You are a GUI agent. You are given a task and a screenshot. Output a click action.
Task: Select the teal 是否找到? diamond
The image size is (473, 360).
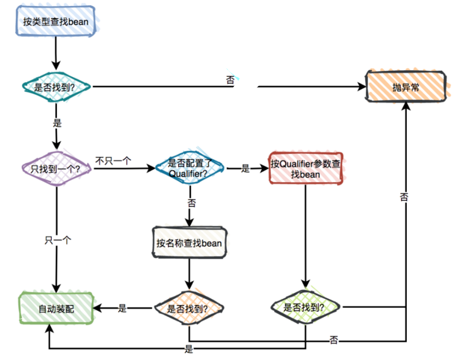[56, 87]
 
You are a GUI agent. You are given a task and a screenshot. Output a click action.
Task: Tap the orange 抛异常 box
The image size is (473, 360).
[406, 87]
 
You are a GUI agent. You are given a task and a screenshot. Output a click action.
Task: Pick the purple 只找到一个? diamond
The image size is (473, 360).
[56, 168]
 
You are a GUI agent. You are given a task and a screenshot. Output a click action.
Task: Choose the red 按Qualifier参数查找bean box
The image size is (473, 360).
[306, 168]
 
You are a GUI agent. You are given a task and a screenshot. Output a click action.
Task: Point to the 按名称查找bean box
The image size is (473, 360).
[189, 243]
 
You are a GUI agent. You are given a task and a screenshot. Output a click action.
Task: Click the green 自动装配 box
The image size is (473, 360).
[56, 309]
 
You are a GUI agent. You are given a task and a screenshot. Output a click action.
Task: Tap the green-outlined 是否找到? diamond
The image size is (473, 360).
[306, 307]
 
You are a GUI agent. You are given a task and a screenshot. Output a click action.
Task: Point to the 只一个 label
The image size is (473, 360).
[58, 240]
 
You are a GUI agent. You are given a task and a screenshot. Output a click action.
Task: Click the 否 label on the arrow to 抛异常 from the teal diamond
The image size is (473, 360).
[230, 80]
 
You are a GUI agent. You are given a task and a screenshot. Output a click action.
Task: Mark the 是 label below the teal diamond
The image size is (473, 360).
[57, 123]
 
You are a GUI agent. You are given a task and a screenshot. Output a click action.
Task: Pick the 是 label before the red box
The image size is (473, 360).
[245, 169]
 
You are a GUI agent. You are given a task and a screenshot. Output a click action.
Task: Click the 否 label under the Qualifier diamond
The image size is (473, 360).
[191, 203]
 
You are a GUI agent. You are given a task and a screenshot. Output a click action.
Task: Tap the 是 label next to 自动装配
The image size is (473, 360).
[123, 308]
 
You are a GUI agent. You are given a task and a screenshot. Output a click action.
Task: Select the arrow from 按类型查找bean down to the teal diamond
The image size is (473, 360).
[56, 53]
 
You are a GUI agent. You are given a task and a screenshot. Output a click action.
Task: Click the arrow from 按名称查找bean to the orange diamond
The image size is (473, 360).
[189, 275]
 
